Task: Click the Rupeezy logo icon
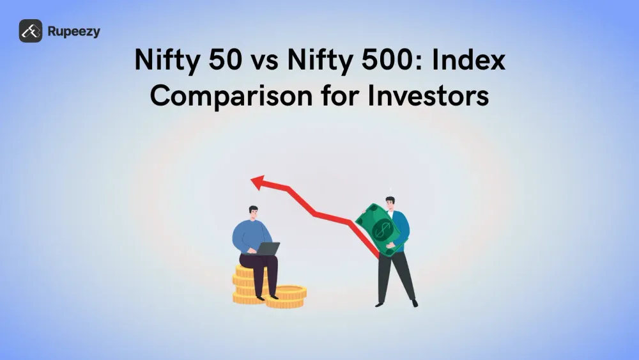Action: (x=31, y=31)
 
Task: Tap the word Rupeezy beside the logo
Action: (x=73, y=31)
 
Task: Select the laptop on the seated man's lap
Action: (x=268, y=249)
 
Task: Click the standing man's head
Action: (x=390, y=203)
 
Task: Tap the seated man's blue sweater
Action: (x=249, y=237)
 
